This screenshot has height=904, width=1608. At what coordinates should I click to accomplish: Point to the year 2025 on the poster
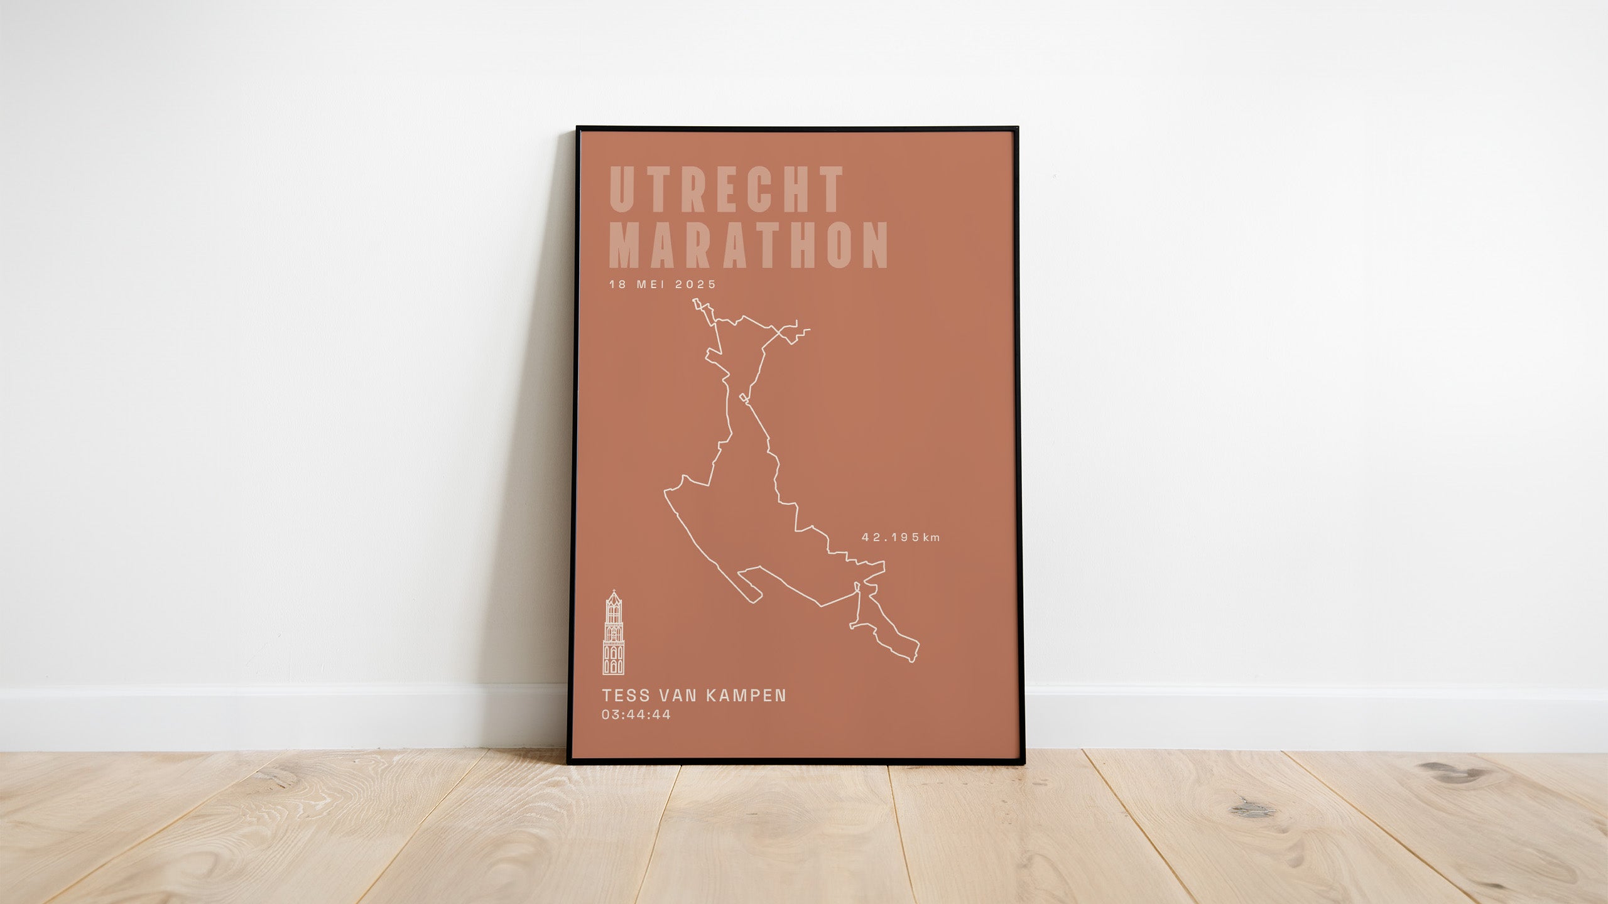[x=695, y=284]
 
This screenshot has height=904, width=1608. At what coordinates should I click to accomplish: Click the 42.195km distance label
[x=901, y=537]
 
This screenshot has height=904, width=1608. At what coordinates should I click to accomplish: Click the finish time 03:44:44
[x=636, y=714]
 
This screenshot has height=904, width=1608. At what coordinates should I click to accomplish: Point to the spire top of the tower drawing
[x=614, y=592]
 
